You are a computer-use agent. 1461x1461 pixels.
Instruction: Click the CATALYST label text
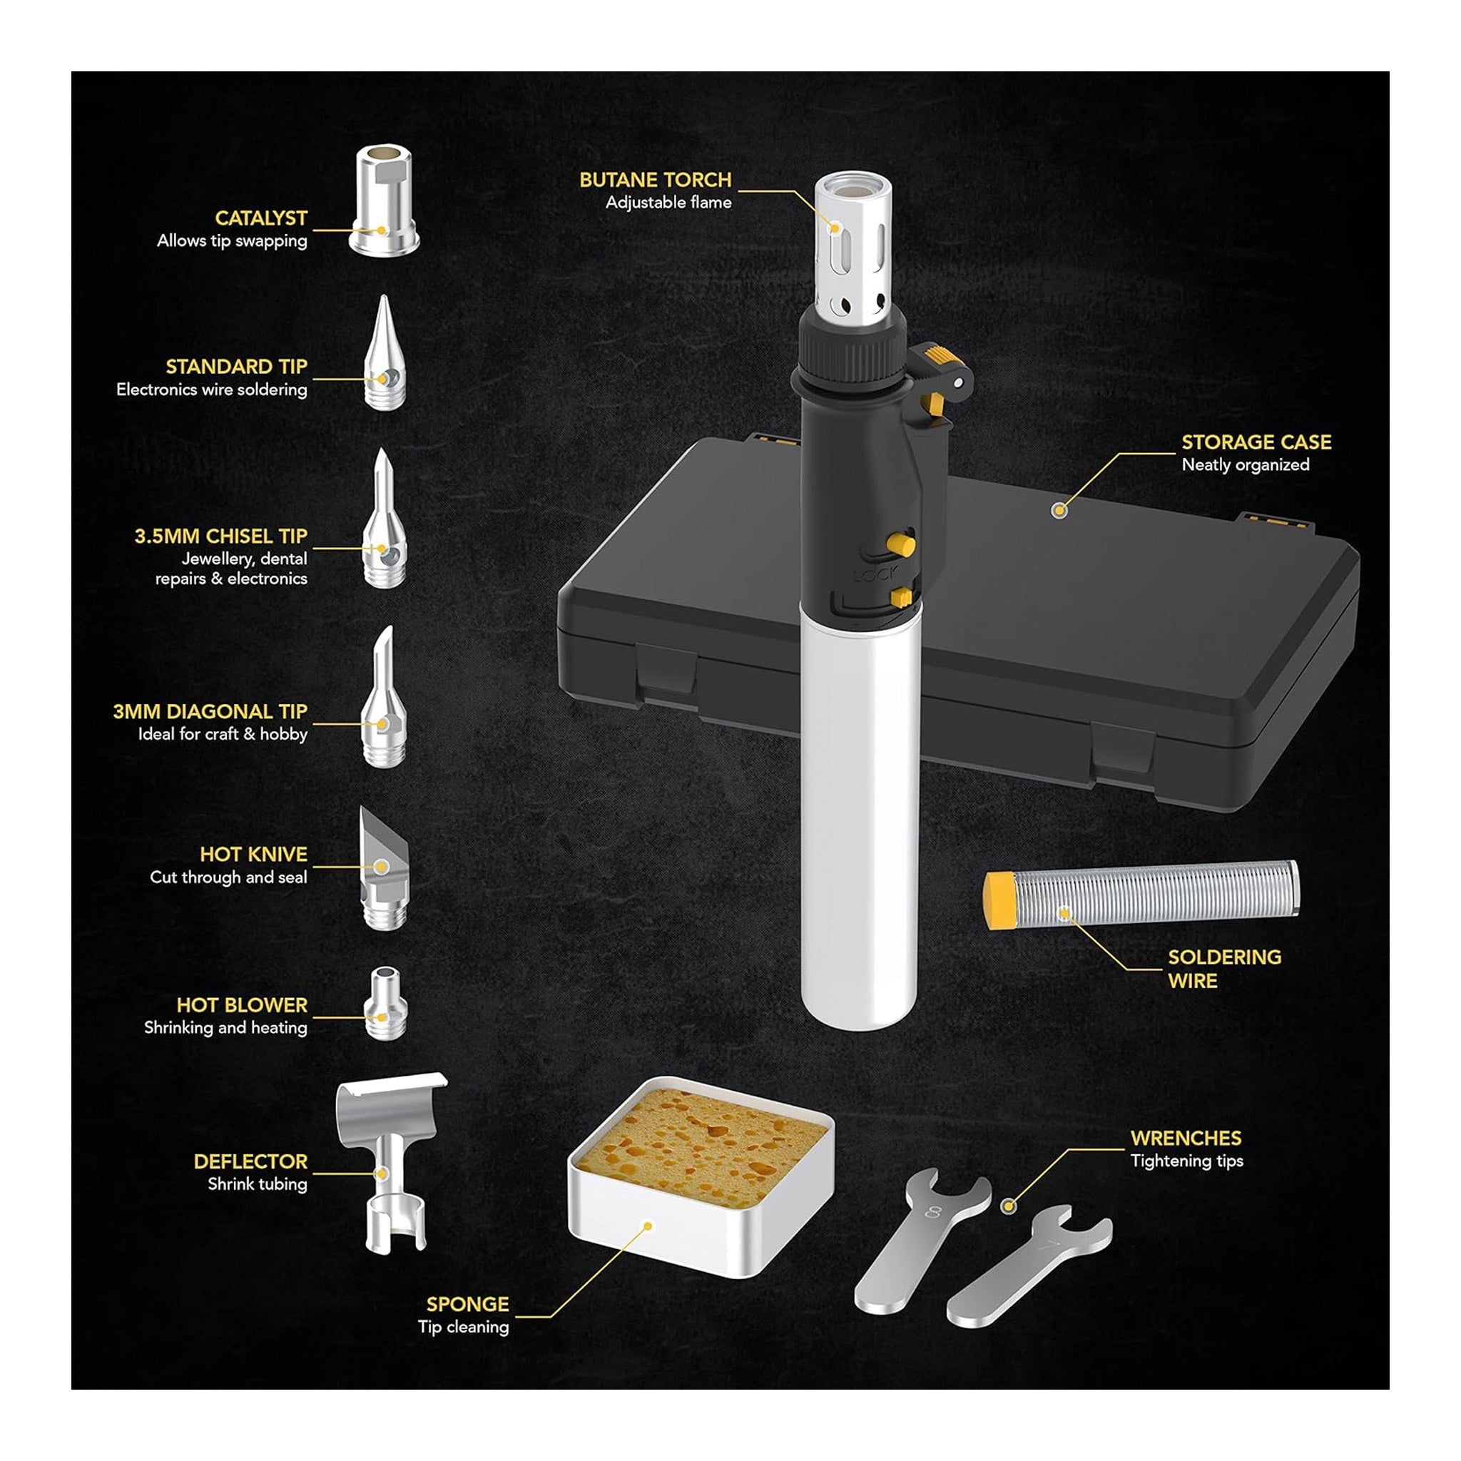pyautogui.click(x=260, y=218)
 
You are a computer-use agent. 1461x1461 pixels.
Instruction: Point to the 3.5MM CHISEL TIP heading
pyautogui.click(x=221, y=536)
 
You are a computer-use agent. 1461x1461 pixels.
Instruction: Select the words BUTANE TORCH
pyautogui.click(x=655, y=180)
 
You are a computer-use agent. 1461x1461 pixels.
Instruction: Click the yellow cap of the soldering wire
pyautogui.click(x=999, y=900)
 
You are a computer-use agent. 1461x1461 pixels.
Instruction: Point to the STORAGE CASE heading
pyautogui.click(x=1256, y=442)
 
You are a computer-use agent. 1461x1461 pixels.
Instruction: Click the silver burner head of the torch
pyautogui.click(x=852, y=250)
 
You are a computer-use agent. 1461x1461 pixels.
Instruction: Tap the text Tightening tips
pyautogui.click(x=1186, y=1161)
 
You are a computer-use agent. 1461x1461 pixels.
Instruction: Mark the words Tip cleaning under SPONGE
pyautogui.click(x=463, y=1326)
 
